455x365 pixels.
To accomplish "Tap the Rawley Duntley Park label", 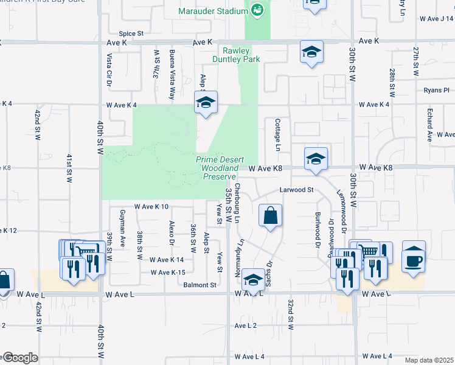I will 237,55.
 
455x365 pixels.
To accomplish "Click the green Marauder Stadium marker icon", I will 257,9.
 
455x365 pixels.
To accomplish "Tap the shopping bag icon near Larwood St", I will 270,215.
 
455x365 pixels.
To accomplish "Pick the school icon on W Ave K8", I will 315,159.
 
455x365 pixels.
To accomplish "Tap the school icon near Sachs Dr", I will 252,280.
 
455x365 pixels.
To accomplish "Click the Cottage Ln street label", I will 277,135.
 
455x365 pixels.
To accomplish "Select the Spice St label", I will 131,33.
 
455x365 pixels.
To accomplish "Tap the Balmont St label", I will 201,285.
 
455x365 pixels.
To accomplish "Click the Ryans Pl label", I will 437,91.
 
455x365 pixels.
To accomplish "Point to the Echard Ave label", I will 429,125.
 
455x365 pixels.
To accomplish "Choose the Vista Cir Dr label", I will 110,69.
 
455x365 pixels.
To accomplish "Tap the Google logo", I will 19,358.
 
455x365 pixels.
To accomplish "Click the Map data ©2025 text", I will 429,360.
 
